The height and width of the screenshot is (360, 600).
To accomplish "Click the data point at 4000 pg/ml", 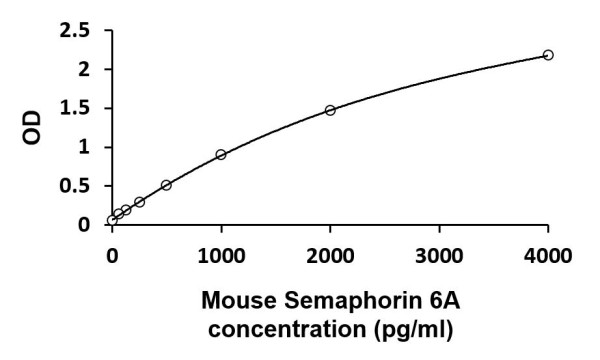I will (x=548, y=55).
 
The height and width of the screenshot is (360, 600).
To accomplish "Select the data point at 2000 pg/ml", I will (x=330, y=110).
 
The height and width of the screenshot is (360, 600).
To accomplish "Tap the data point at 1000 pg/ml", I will (x=221, y=154).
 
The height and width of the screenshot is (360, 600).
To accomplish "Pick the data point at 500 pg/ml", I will (x=166, y=185).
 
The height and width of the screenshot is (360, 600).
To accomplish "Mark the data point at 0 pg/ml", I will (x=112, y=220).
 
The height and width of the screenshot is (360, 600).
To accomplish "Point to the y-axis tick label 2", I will (x=90, y=70).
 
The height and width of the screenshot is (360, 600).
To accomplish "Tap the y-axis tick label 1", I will (x=90, y=148).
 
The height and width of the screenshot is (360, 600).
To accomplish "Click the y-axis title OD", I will (x=33, y=128).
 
